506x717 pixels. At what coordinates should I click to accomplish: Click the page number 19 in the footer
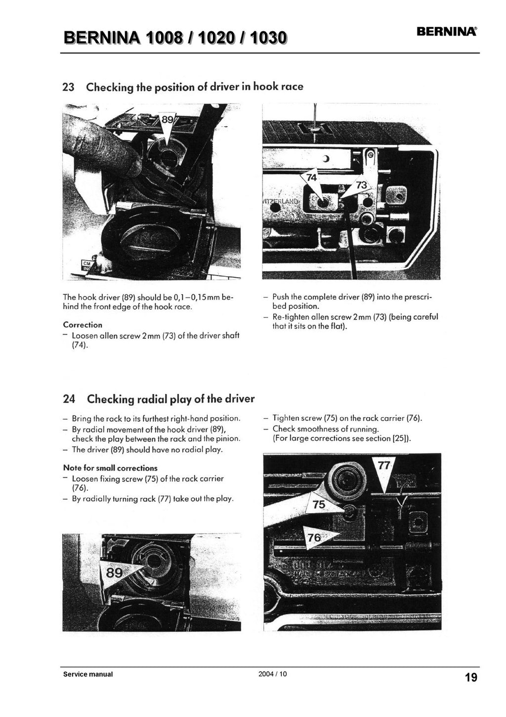point(471,677)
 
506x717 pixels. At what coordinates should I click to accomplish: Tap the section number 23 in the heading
point(68,87)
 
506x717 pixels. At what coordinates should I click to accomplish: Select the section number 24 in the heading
point(69,399)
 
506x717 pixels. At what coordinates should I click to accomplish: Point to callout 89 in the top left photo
point(168,120)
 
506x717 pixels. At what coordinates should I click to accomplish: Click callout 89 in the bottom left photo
point(114,573)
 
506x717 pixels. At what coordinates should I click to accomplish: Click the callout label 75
point(319,504)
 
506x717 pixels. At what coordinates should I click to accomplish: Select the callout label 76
point(315,537)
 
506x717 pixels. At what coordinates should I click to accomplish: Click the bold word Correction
point(83,325)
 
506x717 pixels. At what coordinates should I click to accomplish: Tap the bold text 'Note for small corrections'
point(110,468)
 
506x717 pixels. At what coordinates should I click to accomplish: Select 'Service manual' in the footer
point(87,674)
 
